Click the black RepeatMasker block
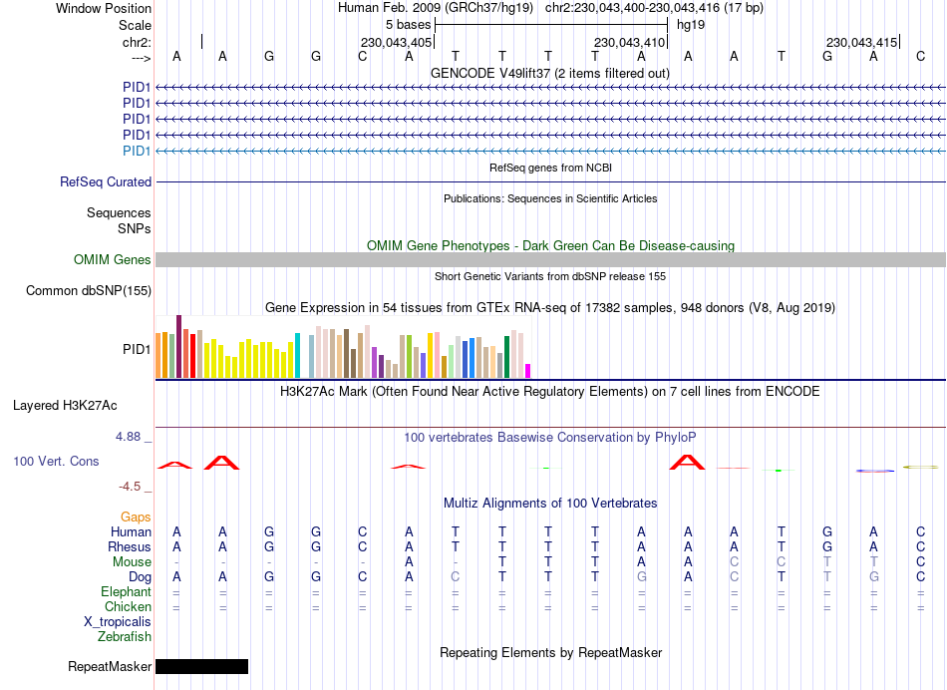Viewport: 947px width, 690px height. pyautogui.click(x=201, y=666)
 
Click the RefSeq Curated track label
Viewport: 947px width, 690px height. pyautogui.click(x=106, y=182)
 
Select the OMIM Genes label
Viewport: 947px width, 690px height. pyautogui.click(x=113, y=260)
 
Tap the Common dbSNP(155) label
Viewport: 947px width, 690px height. pyautogui.click(x=90, y=291)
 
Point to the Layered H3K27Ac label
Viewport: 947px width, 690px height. pyautogui.click(x=65, y=406)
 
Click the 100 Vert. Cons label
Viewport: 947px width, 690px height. pyautogui.click(x=56, y=462)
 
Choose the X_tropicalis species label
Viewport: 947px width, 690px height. pyautogui.click(x=118, y=621)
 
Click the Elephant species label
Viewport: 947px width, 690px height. pyautogui.click(x=126, y=591)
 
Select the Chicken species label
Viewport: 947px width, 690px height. pyautogui.click(x=128, y=606)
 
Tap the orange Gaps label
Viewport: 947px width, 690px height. pyautogui.click(x=136, y=517)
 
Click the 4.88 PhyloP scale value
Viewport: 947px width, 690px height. pyautogui.click(x=133, y=437)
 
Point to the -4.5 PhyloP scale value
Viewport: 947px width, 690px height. pyautogui.click(x=135, y=487)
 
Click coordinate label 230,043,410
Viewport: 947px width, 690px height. pyautogui.click(x=628, y=43)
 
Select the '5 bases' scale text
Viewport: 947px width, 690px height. pyautogui.click(x=408, y=25)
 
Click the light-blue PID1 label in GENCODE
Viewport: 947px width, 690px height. pyautogui.click(x=137, y=151)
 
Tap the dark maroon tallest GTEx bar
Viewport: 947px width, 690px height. pyautogui.click(x=178, y=346)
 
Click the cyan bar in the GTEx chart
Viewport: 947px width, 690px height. pyautogui.click(x=298, y=355)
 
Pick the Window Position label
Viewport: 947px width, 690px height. pyautogui.click(x=104, y=8)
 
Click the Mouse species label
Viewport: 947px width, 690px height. pyautogui.click(x=132, y=562)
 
